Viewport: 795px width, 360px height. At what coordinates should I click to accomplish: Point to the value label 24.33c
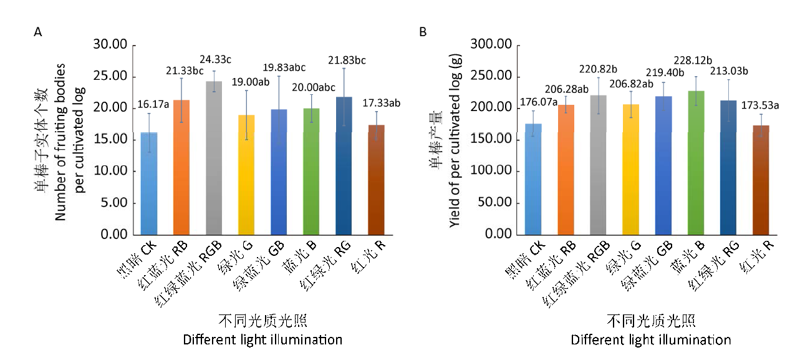pos(216,60)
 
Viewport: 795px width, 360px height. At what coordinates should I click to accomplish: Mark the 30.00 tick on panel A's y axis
pos(110,45)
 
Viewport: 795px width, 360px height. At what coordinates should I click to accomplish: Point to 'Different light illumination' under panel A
pos(263,340)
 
